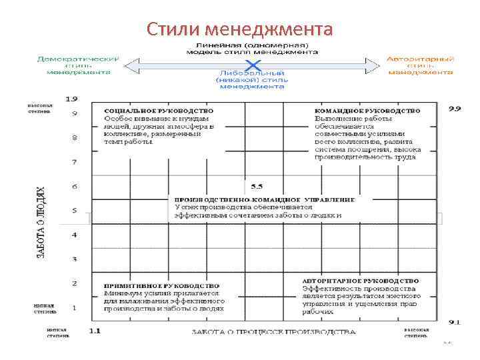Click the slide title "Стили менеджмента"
click(x=239, y=29)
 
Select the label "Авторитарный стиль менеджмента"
click(x=420, y=65)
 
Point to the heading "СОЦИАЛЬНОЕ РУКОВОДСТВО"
click(x=159, y=110)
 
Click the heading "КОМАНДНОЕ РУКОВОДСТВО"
click(x=367, y=110)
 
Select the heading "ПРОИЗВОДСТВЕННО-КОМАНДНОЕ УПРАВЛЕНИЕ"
click(x=264, y=199)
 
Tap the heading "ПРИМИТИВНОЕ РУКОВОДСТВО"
click(x=161, y=285)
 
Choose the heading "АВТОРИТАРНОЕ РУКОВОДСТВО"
click(x=361, y=281)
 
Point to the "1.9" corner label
click(x=71, y=99)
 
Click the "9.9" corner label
click(x=455, y=108)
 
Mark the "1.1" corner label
click(x=95, y=331)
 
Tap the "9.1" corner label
click(x=455, y=322)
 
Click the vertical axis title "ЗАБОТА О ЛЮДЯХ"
click(x=41, y=222)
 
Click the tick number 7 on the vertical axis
click(x=75, y=162)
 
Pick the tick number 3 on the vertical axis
click(x=75, y=259)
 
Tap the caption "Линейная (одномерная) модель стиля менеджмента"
click(x=251, y=47)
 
